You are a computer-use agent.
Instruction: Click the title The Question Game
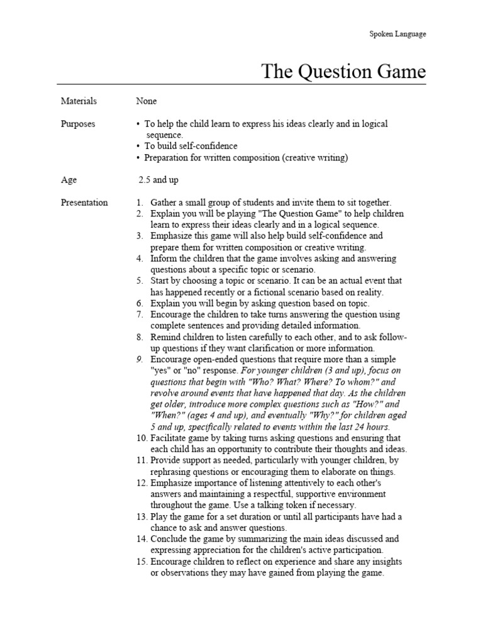pyautogui.click(x=343, y=71)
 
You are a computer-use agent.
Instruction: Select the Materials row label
pyautogui.click(x=79, y=101)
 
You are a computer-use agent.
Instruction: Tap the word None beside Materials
pyautogui.click(x=147, y=101)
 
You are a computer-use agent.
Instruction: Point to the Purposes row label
pyautogui.click(x=78, y=124)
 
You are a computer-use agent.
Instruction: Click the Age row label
pyautogui.click(x=69, y=180)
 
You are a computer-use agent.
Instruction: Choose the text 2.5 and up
pyautogui.click(x=158, y=180)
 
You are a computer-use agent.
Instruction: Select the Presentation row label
pyautogui.click(x=84, y=203)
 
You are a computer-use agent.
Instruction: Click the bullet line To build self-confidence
pyautogui.click(x=191, y=147)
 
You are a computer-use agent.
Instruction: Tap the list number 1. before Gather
pyautogui.click(x=140, y=203)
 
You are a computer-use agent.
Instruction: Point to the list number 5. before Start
pyautogui.click(x=140, y=281)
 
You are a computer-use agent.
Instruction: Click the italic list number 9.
pyautogui.click(x=140, y=360)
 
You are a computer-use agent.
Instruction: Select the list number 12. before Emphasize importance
pyautogui.click(x=142, y=482)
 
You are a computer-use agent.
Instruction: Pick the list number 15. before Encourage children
pyautogui.click(x=142, y=562)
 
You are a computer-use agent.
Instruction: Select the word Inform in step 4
pyautogui.click(x=164, y=258)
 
